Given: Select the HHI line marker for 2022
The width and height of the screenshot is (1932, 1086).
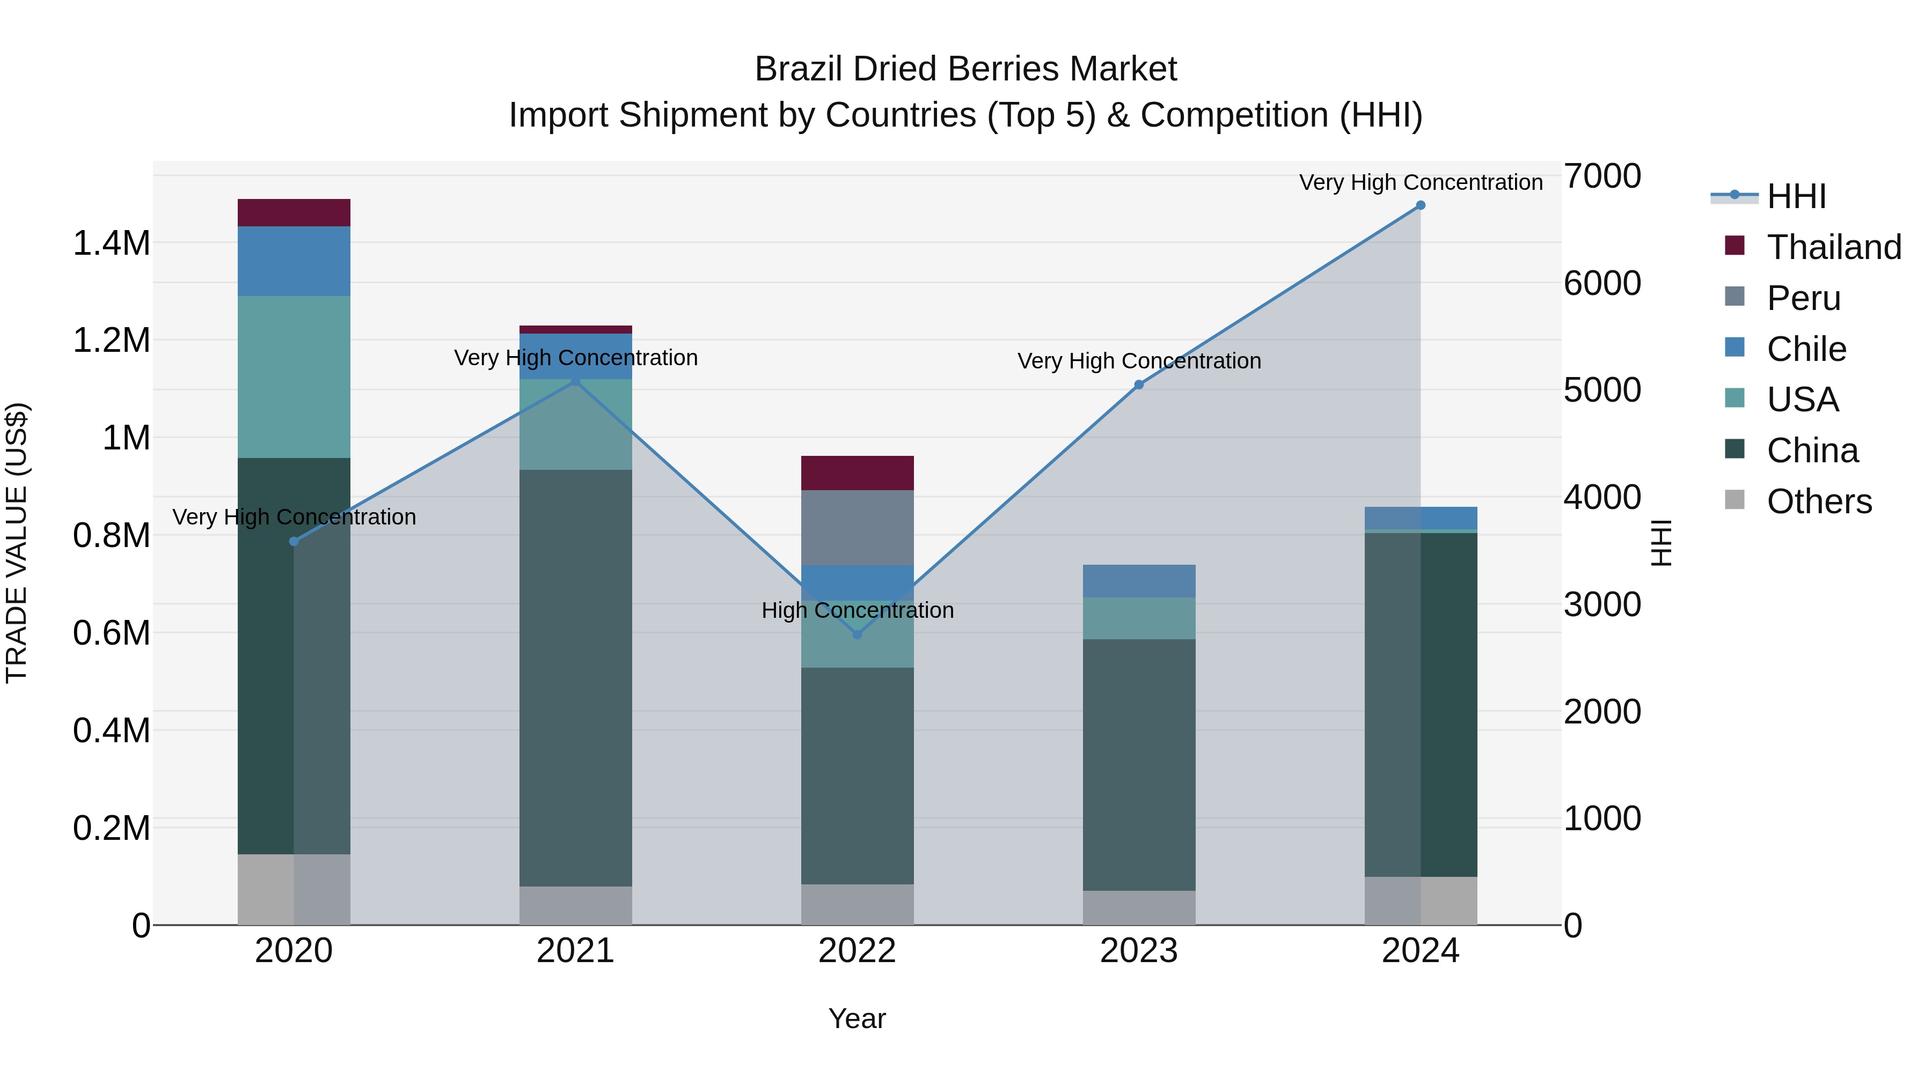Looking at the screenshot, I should [x=857, y=635].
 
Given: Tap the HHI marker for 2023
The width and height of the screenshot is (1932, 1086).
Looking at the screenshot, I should [x=1138, y=385].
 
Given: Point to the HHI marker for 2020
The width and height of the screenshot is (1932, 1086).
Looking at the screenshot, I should [x=294, y=541].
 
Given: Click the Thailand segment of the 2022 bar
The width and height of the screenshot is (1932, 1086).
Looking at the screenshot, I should [x=857, y=473].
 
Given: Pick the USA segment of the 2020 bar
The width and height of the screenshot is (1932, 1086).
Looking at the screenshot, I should [x=294, y=376].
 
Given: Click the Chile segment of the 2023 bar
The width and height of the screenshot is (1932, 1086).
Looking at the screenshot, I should [x=1138, y=581].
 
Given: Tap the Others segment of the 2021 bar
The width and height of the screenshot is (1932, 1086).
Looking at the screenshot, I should [x=575, y=905].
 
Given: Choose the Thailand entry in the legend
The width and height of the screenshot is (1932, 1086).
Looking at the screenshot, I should [x=1833, y=247].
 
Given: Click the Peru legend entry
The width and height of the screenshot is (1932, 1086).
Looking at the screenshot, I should [x=1803, y=298].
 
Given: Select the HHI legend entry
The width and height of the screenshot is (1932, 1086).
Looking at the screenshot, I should [x=1796, y=196].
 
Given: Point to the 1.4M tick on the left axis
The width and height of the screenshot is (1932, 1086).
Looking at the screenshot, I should [x=111, y=243].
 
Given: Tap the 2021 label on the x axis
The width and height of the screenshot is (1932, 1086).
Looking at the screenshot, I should [x=575, y=951].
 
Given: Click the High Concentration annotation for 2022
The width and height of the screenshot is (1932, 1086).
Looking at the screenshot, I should [x=857, y=610].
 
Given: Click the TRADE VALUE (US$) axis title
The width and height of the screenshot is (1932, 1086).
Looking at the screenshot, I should [x=17, y=543].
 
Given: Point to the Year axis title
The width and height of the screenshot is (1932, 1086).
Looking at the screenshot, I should [x=857, y=1018].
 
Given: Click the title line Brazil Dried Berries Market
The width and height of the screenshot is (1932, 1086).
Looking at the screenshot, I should [x=965, y=69].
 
